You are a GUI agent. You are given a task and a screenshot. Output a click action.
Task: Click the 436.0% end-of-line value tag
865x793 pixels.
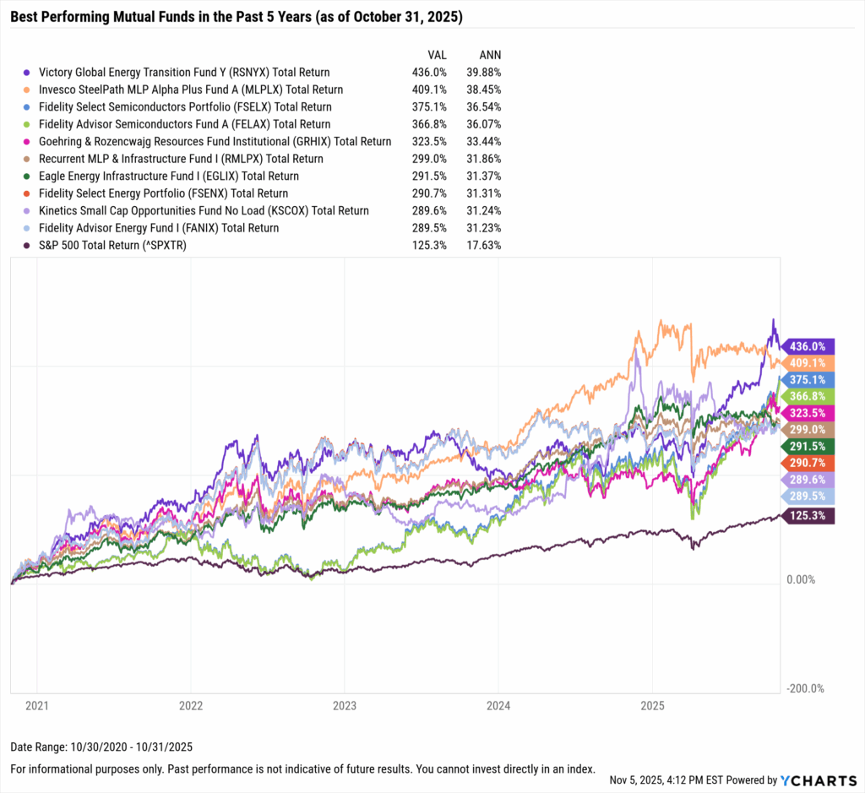pyautogui.click(x=808, y=346)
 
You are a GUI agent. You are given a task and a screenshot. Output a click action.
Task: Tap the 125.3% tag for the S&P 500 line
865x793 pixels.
pyautogui.click(x=808, y=515)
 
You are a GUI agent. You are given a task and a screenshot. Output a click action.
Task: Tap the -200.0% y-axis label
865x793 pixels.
pyautogui.click(x=806, y=688)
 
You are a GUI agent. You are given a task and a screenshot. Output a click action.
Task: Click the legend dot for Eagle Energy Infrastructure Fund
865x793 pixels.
pyautogui.click(x=28, y=177)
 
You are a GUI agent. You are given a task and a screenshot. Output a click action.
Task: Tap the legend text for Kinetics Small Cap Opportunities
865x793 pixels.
pyautogui.click(x=204, y=211)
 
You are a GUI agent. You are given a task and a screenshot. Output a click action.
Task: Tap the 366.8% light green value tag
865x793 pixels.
pyautogui.click(x=808, y=396)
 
